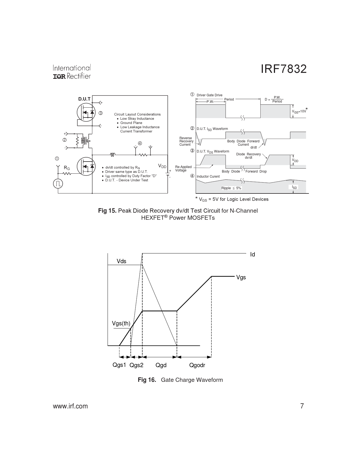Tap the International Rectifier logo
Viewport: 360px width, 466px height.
coord(72,72)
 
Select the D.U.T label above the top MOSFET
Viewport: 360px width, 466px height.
coord(84,99)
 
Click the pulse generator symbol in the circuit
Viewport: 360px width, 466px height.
coord(58,184)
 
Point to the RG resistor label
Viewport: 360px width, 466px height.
coord(67,168)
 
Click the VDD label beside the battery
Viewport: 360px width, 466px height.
coord(162,166)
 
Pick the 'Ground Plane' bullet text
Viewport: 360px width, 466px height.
coord(131,123)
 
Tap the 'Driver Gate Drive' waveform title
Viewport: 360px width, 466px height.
coord(209,95)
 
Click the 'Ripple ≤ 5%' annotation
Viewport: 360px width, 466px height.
coord(231,188)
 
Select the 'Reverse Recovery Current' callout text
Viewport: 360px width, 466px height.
coord(186,141)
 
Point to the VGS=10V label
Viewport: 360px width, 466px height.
coord(299,111)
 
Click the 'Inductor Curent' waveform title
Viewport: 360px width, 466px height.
coord(208,177)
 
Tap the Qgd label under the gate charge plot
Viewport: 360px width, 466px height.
coord(161,365)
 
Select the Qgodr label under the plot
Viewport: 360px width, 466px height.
coord(197,365)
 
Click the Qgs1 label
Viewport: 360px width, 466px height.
coord(119,365)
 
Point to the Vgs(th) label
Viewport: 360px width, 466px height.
coord(121,323)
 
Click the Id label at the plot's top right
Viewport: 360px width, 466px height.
coord(252,254)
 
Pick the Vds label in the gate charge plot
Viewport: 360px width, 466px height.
coord(121,261)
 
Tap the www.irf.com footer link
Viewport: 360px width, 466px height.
coord(70,406)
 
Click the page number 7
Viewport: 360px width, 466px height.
coord(302,406)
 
